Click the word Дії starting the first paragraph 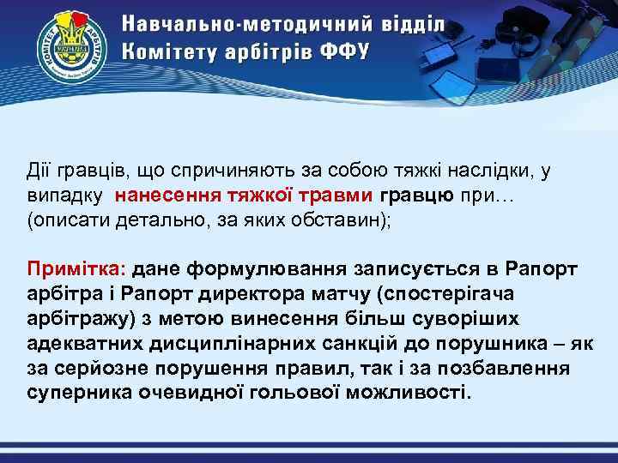[x=39, y=171]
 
